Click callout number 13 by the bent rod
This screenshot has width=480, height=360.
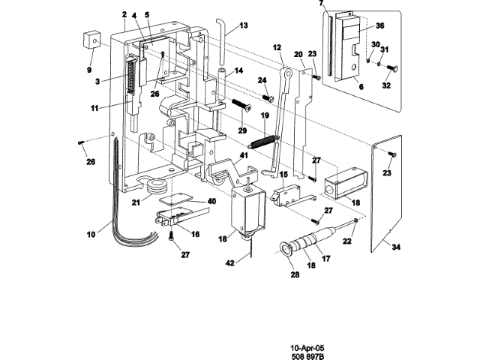[x=244, y=25]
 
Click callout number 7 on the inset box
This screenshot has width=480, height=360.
[x=321, y=4]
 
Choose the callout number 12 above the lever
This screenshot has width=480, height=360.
[x=277, y=49]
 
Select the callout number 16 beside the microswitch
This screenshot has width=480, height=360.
[x=195, y=234]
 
